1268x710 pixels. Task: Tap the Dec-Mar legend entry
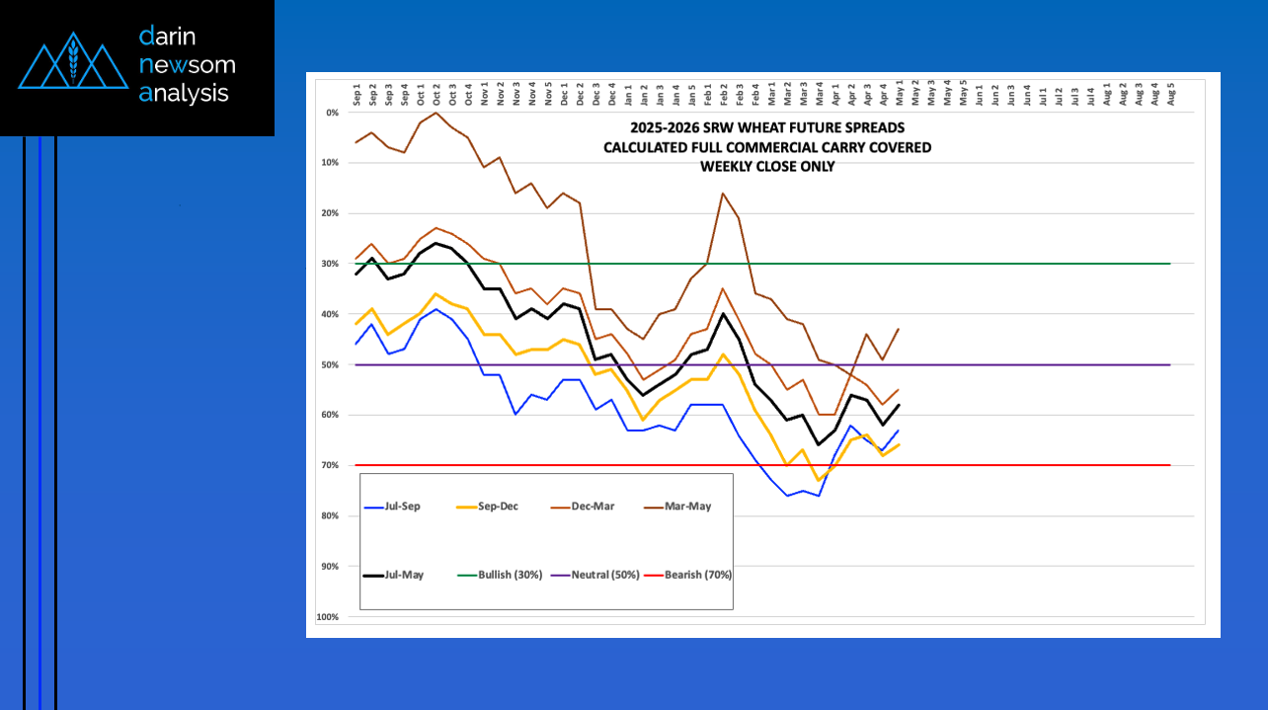[592, 507]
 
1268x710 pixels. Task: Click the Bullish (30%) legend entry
[510, 575]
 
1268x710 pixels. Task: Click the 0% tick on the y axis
[332, 113]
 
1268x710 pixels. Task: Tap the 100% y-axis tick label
[328, 617]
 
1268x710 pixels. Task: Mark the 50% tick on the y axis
[330, 365]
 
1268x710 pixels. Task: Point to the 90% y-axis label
[330, 567]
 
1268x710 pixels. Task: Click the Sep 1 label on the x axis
[357, 95]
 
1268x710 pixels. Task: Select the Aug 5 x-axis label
[1171, 95]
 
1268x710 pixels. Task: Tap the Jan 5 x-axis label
[691, 95]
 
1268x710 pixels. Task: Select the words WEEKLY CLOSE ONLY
[767, 167]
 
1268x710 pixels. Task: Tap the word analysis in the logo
[185, 94]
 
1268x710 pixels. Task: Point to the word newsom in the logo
[187, 65]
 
